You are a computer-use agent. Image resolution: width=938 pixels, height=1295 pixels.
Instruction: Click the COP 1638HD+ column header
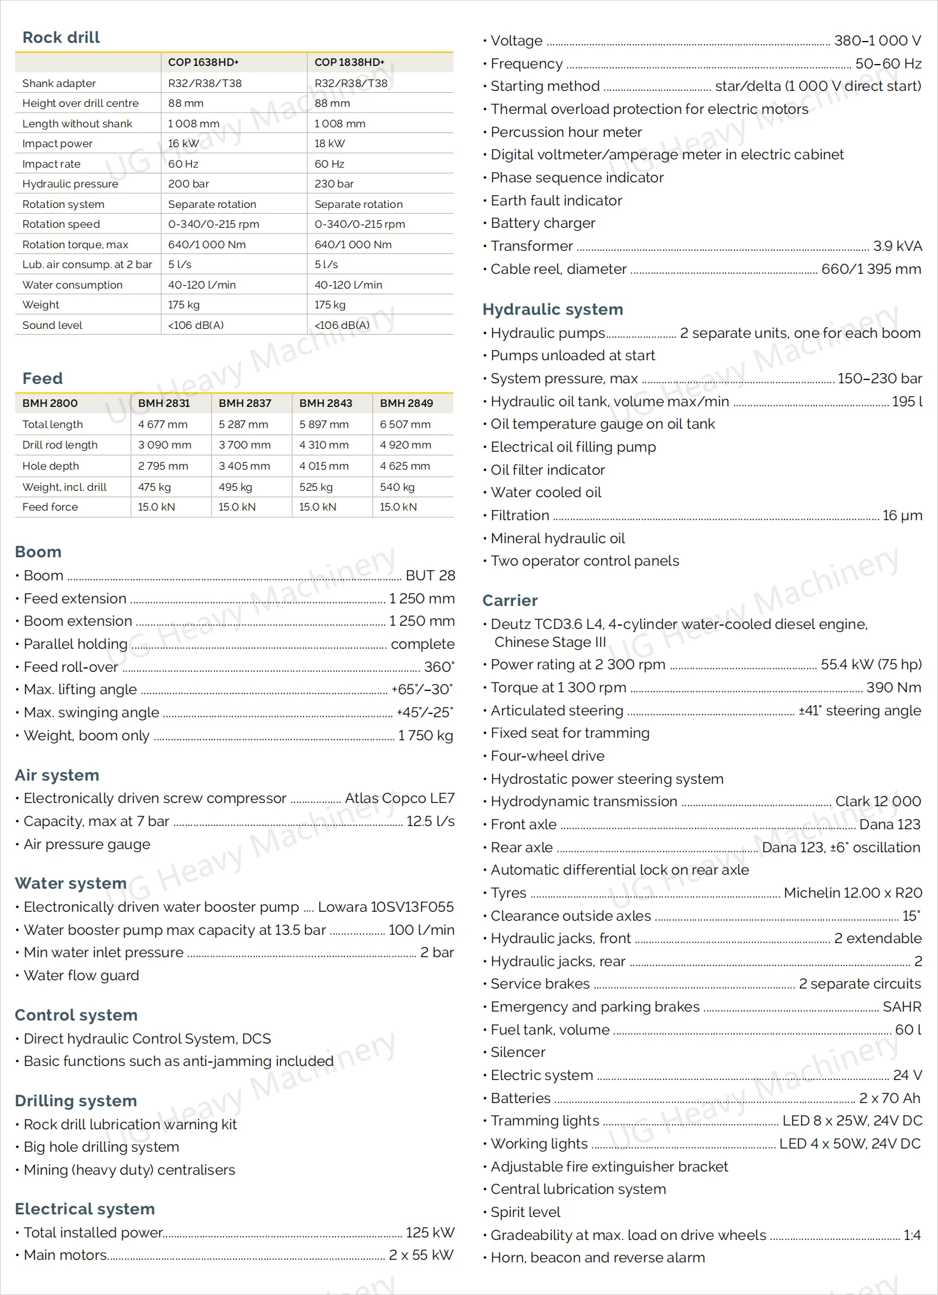pyautogui.click(x=203, y=62)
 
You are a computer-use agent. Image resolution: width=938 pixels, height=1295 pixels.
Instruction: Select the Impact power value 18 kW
pyautogui.click(x=330, y=143)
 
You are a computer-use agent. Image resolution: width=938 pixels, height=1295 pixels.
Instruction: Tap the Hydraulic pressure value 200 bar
pyautogui.click(x=188, y=184)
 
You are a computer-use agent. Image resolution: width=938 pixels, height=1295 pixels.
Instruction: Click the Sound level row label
pyautogui.click(x=52, y=325)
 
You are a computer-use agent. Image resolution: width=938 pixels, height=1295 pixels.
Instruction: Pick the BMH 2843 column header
pyautogui.click(x=326, y=403)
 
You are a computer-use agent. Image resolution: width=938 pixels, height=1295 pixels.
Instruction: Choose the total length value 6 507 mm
pyautogui.click(x=405, y=424)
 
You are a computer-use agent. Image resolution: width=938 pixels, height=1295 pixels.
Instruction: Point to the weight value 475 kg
pyautogui.click(x=154, y=487)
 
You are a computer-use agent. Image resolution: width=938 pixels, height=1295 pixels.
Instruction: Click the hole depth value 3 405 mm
pyautogui.click(x=244, y=466)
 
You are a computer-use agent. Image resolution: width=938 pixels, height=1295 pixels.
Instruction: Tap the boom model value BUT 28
pyautogui.click(x=430, y=575)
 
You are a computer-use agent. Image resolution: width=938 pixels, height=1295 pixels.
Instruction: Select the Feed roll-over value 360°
pyautogui.click(x=439, y=667)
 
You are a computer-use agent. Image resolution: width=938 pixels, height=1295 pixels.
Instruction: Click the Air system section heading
pyautogui.click(x=57, y=775)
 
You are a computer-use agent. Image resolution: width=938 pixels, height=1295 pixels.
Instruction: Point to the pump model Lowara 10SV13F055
pyautogui.click(x=385, y=907)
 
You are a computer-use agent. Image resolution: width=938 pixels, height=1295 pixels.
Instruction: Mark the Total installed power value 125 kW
pyautogui.click(x=429, y=1232)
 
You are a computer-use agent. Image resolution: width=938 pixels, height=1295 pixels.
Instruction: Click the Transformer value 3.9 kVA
pyautogui.click(x=898, y=246)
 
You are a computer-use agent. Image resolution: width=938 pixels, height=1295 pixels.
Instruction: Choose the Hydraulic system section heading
pyautogui.click(x=552, y=309)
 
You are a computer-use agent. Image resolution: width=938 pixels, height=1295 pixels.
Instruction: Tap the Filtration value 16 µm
pyautogui.click(x=902, y=515)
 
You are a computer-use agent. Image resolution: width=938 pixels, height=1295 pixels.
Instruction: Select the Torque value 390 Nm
pyautogui.click(x=894, y=687)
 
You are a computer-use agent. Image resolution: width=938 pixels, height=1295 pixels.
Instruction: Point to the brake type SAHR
pyautogui.click(x=902, y=1006)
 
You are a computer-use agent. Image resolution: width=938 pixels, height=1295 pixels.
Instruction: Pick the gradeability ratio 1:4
pyautogui.click(x=912, y=1235)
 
